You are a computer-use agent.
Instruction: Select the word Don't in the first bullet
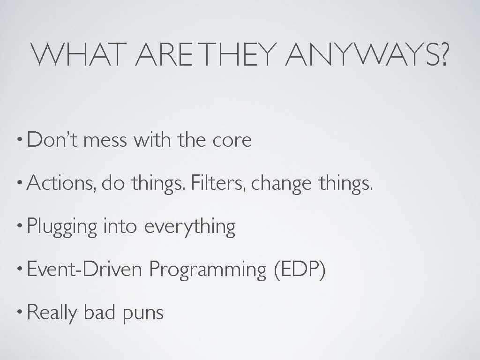pyautogui.click(x=52, y=140)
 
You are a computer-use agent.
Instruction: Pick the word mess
pyautogui.click(x=105, y=141)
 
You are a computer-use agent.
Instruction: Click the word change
pyautogui.click(x=282, y=185)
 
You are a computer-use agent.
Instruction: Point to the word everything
pyautogui.click(x=190, y=227)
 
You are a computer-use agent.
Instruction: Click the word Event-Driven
pyautogui.click(x=84, y=269)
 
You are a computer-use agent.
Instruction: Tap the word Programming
pyautogui.click(x=208, y=270)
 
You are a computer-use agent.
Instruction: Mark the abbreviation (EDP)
pyautogui.click(x=300, y=270)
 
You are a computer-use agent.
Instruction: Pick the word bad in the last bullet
pyautogui.click(x=100, y=312)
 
